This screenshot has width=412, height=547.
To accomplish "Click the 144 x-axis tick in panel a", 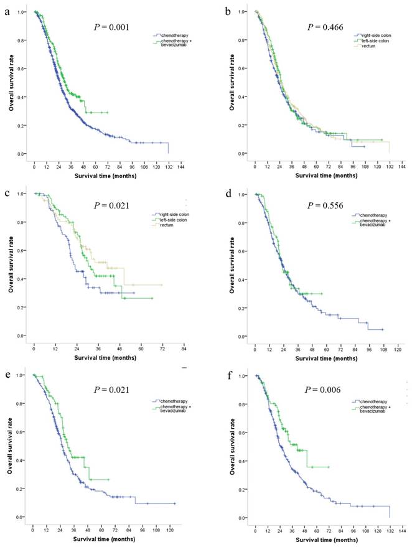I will click(181, 167).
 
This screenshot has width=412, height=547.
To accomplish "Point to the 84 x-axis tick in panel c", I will click(184, 350).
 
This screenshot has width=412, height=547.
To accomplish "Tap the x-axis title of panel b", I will click(322, 176).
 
